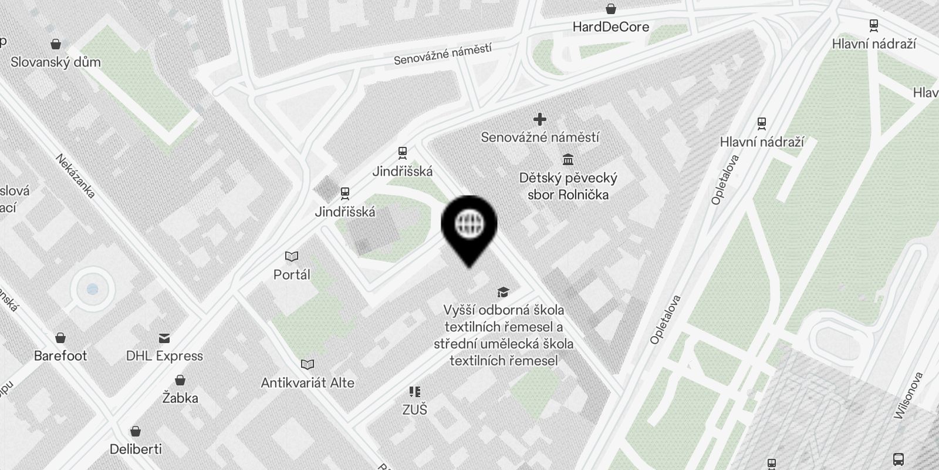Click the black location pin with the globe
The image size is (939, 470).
tap(469, 226)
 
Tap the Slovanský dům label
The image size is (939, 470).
tap(56, 62)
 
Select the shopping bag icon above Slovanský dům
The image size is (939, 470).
tap(56, 44)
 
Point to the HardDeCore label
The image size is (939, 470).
tap(610, 27)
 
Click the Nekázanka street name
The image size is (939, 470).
tap(75, 176)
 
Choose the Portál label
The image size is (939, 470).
tap(292, 274)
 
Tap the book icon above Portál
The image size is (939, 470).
tap(292, 256)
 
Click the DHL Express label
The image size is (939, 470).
tap(164, 356)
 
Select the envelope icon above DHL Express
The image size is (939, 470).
tap(164, 338)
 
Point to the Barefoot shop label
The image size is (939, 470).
tap(60, 356)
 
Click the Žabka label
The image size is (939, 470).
tap(180, 398)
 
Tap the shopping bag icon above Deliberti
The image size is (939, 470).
tap(136, 431)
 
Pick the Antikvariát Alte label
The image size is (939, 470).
tap(308, 383)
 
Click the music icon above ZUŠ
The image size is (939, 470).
tap(415, 391)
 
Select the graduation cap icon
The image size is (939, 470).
tap(503, 292)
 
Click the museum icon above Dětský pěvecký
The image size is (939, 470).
tap(568, 159)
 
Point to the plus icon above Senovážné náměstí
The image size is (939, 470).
tap(540, 119)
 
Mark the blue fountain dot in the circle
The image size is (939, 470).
tap(92, 289)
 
